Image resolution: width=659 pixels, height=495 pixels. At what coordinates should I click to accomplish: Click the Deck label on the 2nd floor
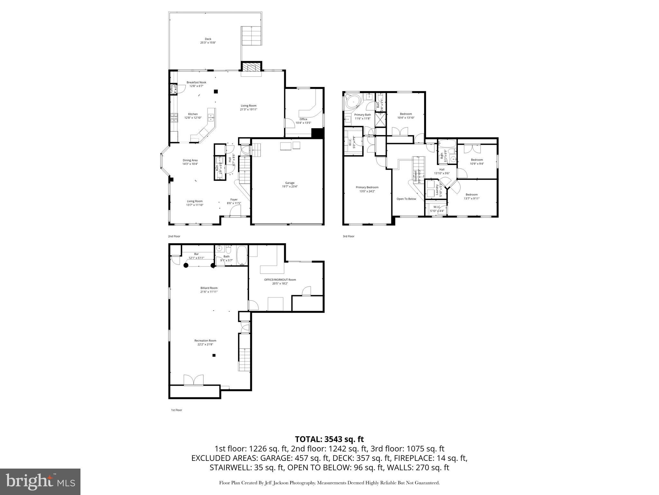tap(208, 39)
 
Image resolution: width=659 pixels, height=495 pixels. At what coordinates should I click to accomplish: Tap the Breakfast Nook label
tap(196, 82)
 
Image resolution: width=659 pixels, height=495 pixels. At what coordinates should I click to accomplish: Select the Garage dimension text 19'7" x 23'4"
tap(290, 187)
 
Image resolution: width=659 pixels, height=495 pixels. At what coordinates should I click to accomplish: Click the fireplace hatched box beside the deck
tap(252, 68)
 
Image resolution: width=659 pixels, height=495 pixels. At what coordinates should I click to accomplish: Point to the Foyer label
tap(234, 199)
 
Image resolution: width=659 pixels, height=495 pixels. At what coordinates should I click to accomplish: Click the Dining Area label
tap(190, 160)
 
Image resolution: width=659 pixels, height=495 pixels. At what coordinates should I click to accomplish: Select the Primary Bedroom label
tap(367, 187)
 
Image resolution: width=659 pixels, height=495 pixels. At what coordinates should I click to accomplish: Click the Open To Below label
tap(406, 199)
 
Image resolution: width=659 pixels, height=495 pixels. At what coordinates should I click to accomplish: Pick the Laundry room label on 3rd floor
tap(437, 190)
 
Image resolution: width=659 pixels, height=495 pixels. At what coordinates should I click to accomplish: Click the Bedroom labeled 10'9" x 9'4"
tap(477, 160)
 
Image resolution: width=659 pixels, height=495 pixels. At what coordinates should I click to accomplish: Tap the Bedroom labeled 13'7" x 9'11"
tap(471, 195)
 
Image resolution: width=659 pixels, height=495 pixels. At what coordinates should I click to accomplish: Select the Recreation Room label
tap(205, 341)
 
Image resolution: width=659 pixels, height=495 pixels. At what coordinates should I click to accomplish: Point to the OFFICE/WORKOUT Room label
tap(280, 280)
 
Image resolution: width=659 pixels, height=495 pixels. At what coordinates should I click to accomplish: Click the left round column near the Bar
tap(186, 266)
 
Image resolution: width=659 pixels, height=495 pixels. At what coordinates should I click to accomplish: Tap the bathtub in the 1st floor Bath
tap(242, 255)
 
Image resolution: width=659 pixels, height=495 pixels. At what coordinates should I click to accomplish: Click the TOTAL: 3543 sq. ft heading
tap(329, 439)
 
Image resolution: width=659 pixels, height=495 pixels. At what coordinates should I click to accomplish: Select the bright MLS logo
tap(40, 482)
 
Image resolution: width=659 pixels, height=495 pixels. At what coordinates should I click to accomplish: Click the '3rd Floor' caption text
tap(348, 236)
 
